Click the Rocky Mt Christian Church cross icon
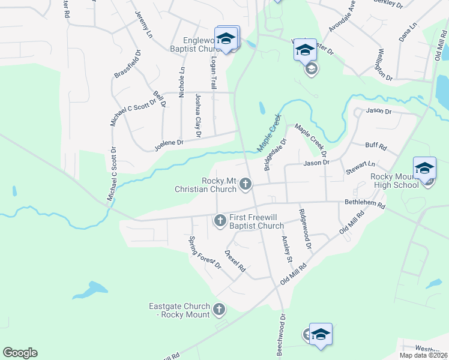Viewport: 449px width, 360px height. [x=246, y=184]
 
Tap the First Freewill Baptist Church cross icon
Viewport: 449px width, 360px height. [x=220, y=221]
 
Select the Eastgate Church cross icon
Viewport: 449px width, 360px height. [x=219, y=310]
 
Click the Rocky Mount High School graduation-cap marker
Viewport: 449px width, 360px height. [x=424, y=169]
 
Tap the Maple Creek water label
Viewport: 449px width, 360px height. [x=269, y=133]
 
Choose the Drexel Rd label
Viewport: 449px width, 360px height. [x=235, y=262]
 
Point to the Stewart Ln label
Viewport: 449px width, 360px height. [x=360, y=167]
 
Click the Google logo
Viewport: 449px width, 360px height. [x=20, y=353]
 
